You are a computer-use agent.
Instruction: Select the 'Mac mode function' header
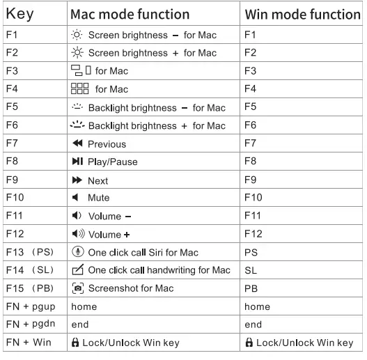[x=130, y=13]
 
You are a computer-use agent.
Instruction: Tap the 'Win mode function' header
[x=303, y=13]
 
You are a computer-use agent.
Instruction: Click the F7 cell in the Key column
[x=13, y=143]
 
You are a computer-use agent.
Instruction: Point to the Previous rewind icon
[x=78, y=144]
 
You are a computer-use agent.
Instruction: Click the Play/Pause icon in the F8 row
[x=78, y=162]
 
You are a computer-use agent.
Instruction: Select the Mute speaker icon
[x=77, y=198]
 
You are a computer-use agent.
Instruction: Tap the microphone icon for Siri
[x=78, y=253]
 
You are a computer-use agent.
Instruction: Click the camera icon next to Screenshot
[x=78, y=289]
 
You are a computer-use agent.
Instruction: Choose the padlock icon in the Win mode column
[x=249, y=343]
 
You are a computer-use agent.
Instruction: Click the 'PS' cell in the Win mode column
[x=251, y=253]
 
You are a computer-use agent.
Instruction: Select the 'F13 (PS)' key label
[x=28, y=253]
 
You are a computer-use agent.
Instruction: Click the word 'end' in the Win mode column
[x=253, y=324]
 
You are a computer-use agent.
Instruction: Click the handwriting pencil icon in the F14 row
[x=78, y=271]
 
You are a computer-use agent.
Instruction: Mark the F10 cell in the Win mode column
[x=253, y=198]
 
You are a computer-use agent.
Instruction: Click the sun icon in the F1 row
[x=78, y=35]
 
